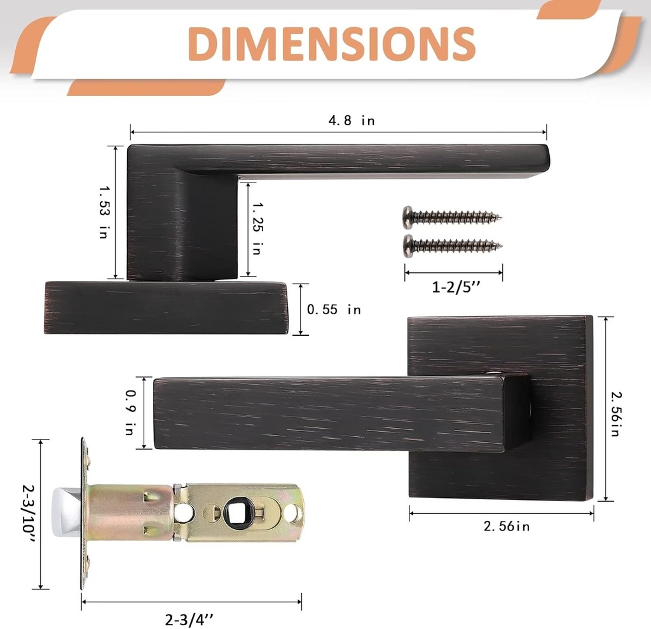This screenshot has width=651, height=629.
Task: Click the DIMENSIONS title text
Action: click(x=332, y=44)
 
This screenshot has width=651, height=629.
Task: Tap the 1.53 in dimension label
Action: click(x=103, y=212)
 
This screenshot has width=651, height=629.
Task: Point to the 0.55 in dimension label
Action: click(x=333, y=310)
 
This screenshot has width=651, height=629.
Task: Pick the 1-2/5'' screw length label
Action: click(x=456, y=287)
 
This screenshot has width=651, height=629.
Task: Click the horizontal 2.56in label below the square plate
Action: click(x=507, y=526)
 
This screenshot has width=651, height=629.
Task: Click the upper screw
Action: click(x=452, y=218)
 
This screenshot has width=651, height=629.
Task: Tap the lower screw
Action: click(x=452, y=244)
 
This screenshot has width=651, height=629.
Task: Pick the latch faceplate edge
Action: click(x=85, y=513)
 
